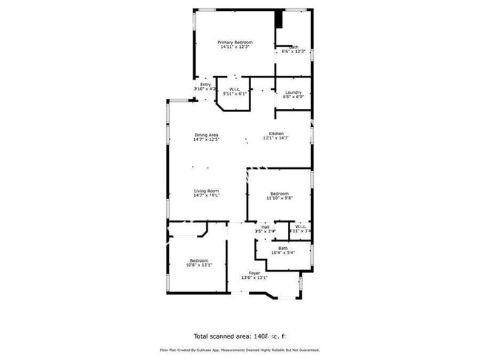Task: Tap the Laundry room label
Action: tap(293, 91)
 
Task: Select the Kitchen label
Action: tap(275, 134)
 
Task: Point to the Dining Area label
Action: tap(206, 134)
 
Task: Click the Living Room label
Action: tap(206, 190)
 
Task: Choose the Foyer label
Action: tap(254, 273)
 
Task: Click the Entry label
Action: tap(205, 85)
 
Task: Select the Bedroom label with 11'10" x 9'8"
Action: tap(280, 193)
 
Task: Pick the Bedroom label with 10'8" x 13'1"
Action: tap(199, 260)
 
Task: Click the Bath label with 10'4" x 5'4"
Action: tap(283, 248)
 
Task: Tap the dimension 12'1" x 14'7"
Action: tap(275, 139)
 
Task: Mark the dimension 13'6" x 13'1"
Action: tap(254, 278)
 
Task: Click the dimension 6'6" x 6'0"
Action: tap(293, 97)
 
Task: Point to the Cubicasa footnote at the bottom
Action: tap(239, 350)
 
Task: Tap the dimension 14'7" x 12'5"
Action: tap(206, 139)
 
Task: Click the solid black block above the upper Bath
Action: tap(279, 19)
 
